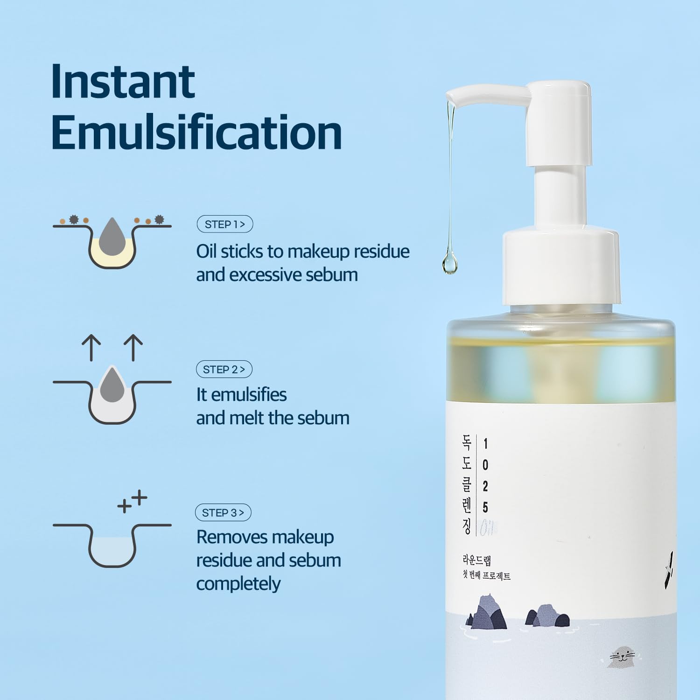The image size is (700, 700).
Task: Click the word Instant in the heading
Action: [123, 82]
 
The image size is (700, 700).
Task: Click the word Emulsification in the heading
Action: [196, 133]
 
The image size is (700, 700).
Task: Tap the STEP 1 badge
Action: [225, 224]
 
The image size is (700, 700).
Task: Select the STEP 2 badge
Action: [224, 370]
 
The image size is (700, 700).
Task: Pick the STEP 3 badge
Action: [223, 513]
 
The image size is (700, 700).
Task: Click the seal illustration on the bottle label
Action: [621, 657]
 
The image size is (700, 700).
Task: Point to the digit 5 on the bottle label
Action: [485, 507]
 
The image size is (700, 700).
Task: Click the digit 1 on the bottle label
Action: [485, 443]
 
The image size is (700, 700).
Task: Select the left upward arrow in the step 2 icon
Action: [91, 348]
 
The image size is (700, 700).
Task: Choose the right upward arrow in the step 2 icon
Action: [133, 348]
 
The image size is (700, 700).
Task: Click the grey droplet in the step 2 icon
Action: [112, 385]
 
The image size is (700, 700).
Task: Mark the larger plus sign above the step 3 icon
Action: [140, 498]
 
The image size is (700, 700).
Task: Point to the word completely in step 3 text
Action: [238, 584]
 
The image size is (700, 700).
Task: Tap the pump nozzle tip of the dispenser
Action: [451, 96]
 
